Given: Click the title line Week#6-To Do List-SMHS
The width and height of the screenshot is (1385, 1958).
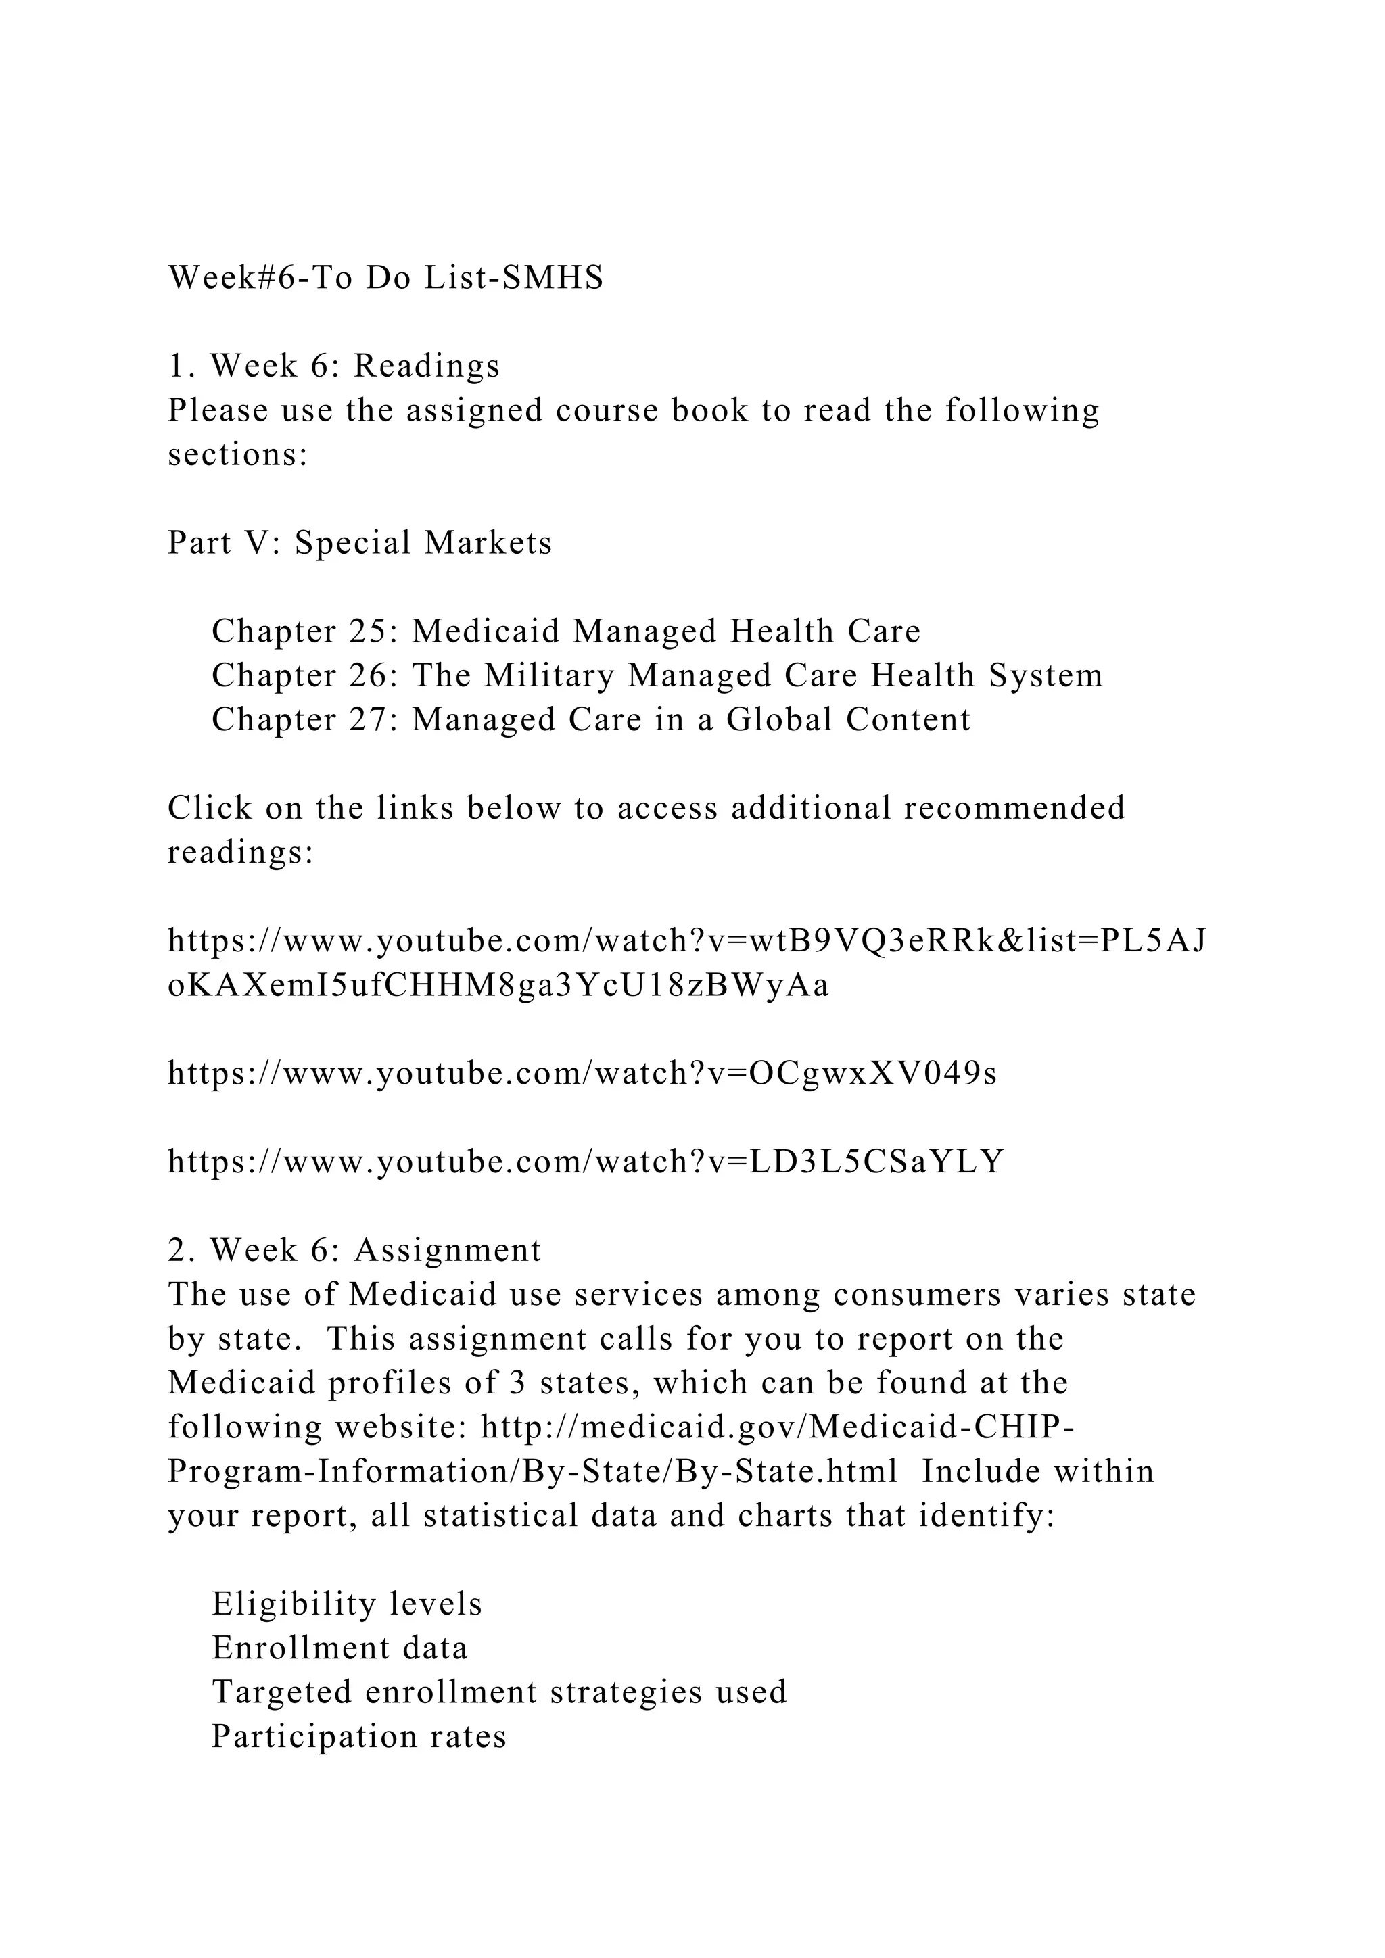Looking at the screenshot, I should click(x=385, y=278).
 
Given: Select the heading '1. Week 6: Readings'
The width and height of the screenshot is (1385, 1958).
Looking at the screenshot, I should click(x=333, y=366).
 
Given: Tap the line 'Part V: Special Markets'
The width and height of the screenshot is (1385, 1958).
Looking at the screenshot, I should click(x=360, y=543).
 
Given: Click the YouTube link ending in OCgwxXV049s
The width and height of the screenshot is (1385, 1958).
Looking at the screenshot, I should click(x=582, y=1074).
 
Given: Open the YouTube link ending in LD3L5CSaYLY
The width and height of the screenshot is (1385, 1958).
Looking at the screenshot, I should click(x=586, y=1162).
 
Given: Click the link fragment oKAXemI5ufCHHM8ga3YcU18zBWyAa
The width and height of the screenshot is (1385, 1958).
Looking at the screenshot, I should click(x=498, y=986).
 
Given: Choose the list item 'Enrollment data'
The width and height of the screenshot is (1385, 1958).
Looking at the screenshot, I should click(x=339, y=1648).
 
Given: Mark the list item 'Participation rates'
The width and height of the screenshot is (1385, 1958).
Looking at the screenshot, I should click(x=359, y=1737).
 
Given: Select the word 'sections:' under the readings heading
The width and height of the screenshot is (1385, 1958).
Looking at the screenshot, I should click(x=237, y=456).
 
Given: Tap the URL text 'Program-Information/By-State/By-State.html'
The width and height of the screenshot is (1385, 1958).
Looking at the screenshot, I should click(x=532, y=1472).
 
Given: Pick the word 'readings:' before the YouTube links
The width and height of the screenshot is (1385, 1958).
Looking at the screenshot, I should click(x=241, y=853).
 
